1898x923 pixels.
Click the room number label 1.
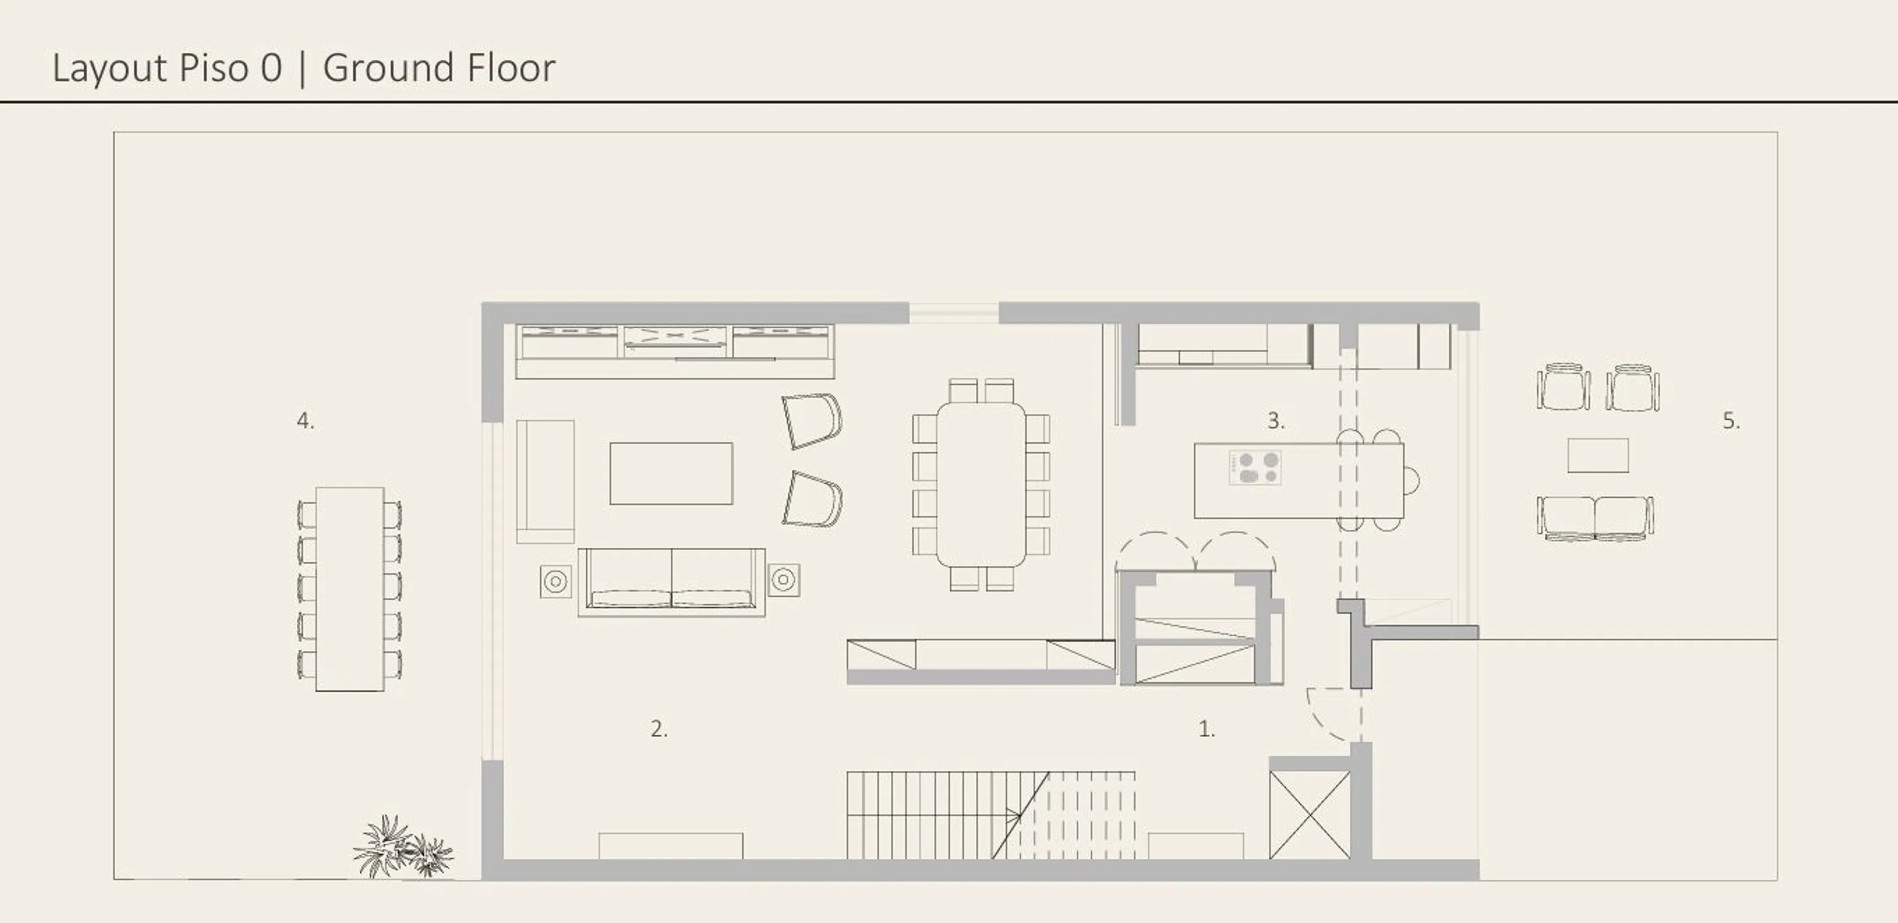point(1206,729)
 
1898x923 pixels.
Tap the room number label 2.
point(659,729)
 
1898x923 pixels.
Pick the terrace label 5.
point(1731,421)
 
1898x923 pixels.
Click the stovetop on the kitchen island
point(1255,468)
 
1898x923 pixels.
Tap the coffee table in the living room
point(670,473)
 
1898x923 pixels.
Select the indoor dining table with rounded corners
point(980,484)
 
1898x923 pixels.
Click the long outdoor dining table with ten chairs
point(349,589)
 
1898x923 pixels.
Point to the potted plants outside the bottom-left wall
point(403,848)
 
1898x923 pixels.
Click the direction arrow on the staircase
point(1014,815)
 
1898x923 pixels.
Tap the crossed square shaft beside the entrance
point(1309,815)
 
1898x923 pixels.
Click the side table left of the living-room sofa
point(556,581)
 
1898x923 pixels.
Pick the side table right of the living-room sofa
point(783,580)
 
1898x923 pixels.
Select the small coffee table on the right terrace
point(1598,455)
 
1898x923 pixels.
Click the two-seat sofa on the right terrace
point(1595,519)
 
